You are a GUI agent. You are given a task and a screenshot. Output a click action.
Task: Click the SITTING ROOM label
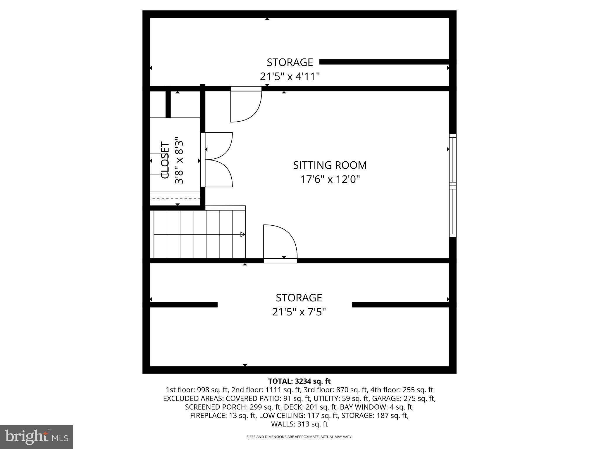(x=330, y=165)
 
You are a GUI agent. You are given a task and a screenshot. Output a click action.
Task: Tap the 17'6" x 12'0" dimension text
(x=330, y=179)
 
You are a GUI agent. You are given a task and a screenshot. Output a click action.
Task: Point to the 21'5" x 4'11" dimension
(x=290, y=77)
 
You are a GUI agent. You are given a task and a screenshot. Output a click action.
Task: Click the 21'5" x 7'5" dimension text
(x=299, y=312)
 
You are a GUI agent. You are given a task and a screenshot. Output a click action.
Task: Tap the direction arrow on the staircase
(x=242, y=234)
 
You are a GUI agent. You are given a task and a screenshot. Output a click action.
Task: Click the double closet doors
(x=218, y=160)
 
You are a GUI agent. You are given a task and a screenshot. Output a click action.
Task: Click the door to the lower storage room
(x=280, y=243)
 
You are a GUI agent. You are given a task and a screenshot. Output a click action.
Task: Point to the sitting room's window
(x=452, y=186)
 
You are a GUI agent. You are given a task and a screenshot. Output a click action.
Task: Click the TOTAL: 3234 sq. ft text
(x=299, y=381)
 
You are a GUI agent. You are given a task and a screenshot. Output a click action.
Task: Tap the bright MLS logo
(x=37, y=437)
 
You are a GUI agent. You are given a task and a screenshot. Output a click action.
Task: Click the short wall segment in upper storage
(x=384, y=62)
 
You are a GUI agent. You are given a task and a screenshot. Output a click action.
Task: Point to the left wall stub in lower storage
(x=183, y=305)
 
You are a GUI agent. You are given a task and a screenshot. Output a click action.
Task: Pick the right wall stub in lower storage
(x=400, y=305)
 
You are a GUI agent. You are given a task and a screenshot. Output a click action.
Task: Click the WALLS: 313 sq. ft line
(x=299, y=424)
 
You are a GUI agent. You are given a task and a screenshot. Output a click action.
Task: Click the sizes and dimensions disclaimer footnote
(x=299, y=437)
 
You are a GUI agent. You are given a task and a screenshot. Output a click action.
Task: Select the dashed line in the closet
(x=175, y=199)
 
